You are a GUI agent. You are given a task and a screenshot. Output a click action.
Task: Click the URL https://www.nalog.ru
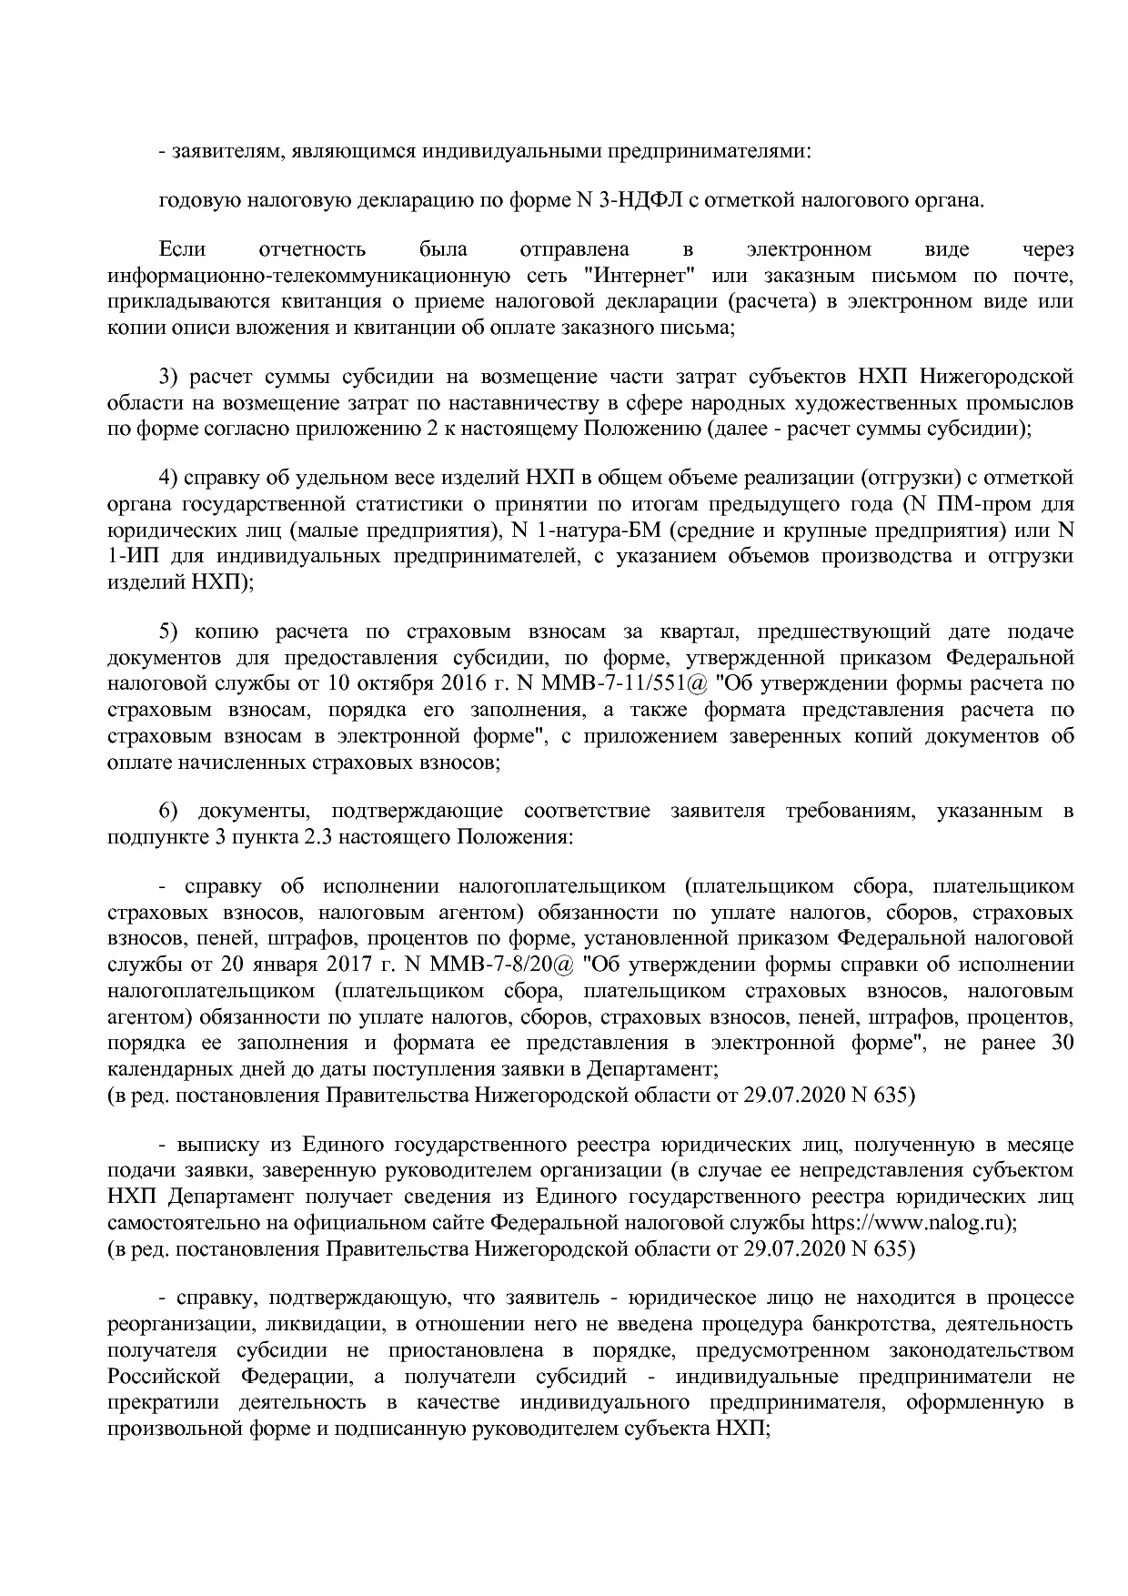[910, 1222]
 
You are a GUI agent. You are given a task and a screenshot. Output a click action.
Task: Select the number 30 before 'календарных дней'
[1062, 1043]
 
